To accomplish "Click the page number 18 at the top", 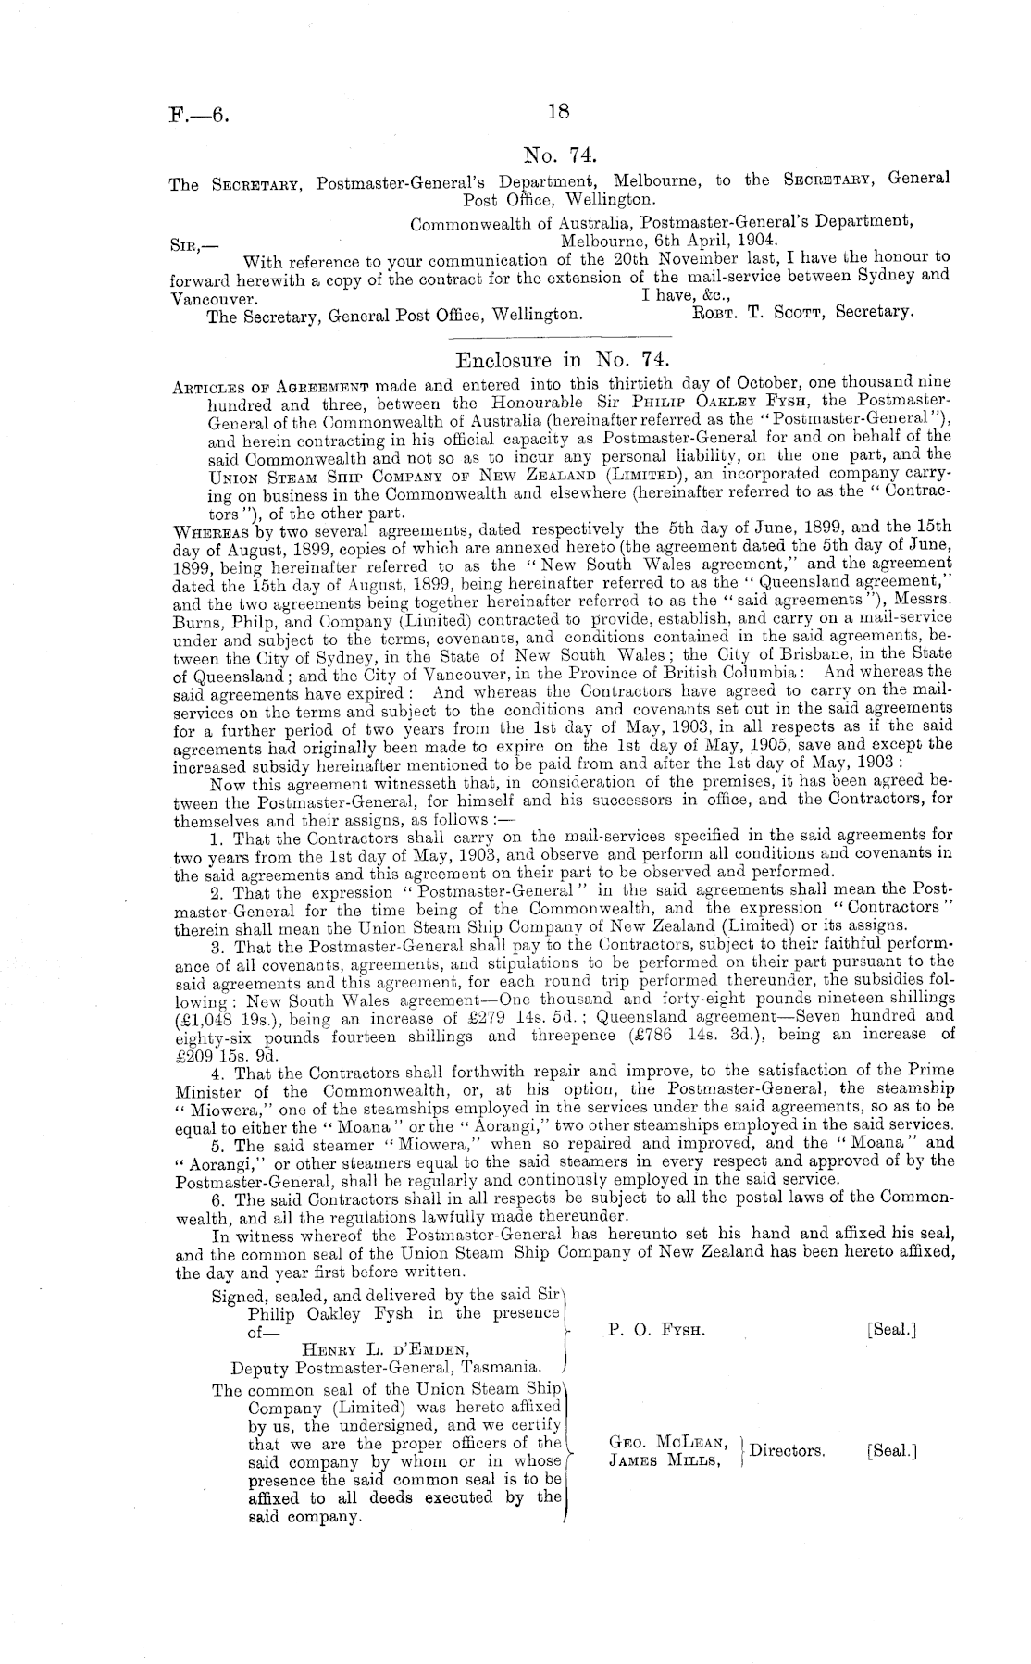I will point(558,112).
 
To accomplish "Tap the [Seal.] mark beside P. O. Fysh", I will point(891,1330).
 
